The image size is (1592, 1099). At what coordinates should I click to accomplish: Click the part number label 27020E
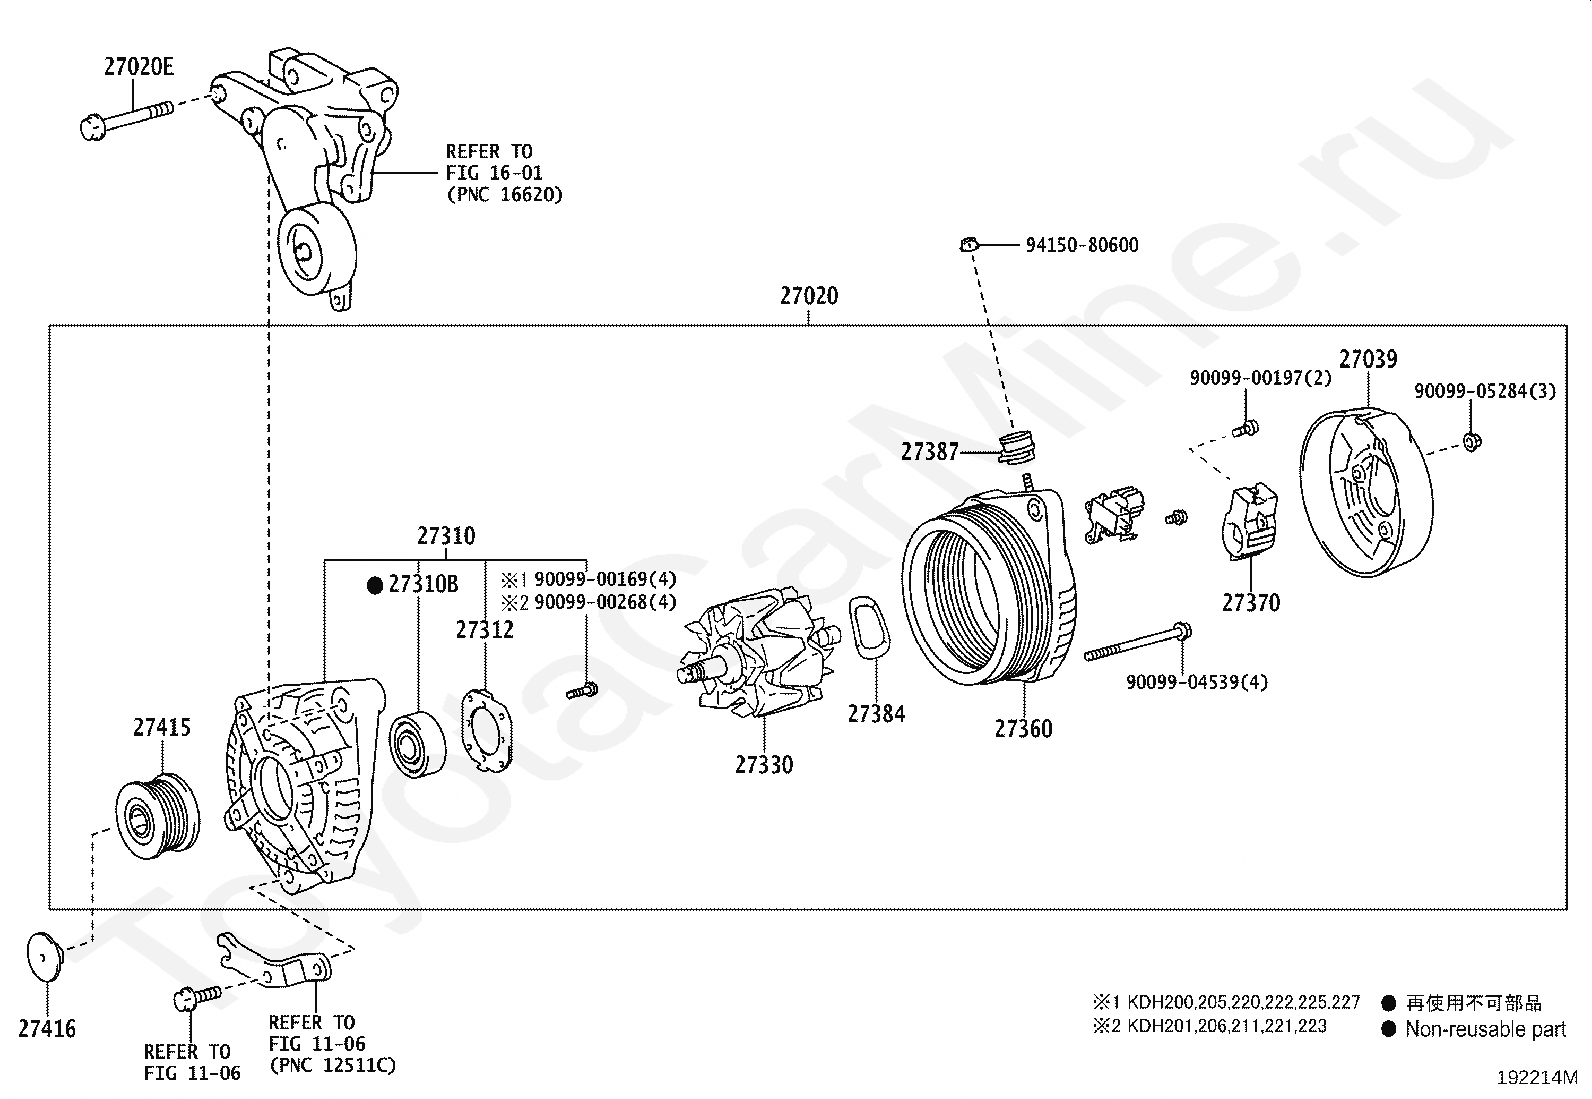(x=139, y=67)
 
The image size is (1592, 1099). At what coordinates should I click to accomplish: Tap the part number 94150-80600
(x=1082, y=245)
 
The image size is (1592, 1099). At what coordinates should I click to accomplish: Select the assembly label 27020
(x=809, y=296)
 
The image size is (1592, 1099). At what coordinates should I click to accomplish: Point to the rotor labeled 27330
(x=758, y=653)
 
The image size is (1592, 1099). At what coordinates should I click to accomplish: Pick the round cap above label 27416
(x=44, y=957)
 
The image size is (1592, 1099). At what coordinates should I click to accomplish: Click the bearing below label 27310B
(x=417, y=744)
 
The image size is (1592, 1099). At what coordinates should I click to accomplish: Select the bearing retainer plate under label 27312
(x=486, y=731)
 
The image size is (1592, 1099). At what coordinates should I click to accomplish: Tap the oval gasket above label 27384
(x=868, y=627)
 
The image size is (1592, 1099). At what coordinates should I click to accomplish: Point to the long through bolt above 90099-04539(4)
(x=1138, y=642)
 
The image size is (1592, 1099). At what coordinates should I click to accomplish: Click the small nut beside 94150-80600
(x=969, y=245)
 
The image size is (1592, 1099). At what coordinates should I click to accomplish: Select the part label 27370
(x=1251, y=603)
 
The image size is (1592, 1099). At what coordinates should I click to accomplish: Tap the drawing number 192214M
(x=1537, y=1078)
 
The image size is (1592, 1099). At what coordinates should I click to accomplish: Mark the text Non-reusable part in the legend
(x=1485, y=1029)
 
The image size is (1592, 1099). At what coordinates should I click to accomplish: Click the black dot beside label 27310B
(x=375, y=586)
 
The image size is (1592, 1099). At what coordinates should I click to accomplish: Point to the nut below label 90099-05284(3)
(x=1472, y=442)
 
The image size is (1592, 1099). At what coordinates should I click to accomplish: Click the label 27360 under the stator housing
(x=1023, y=729)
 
